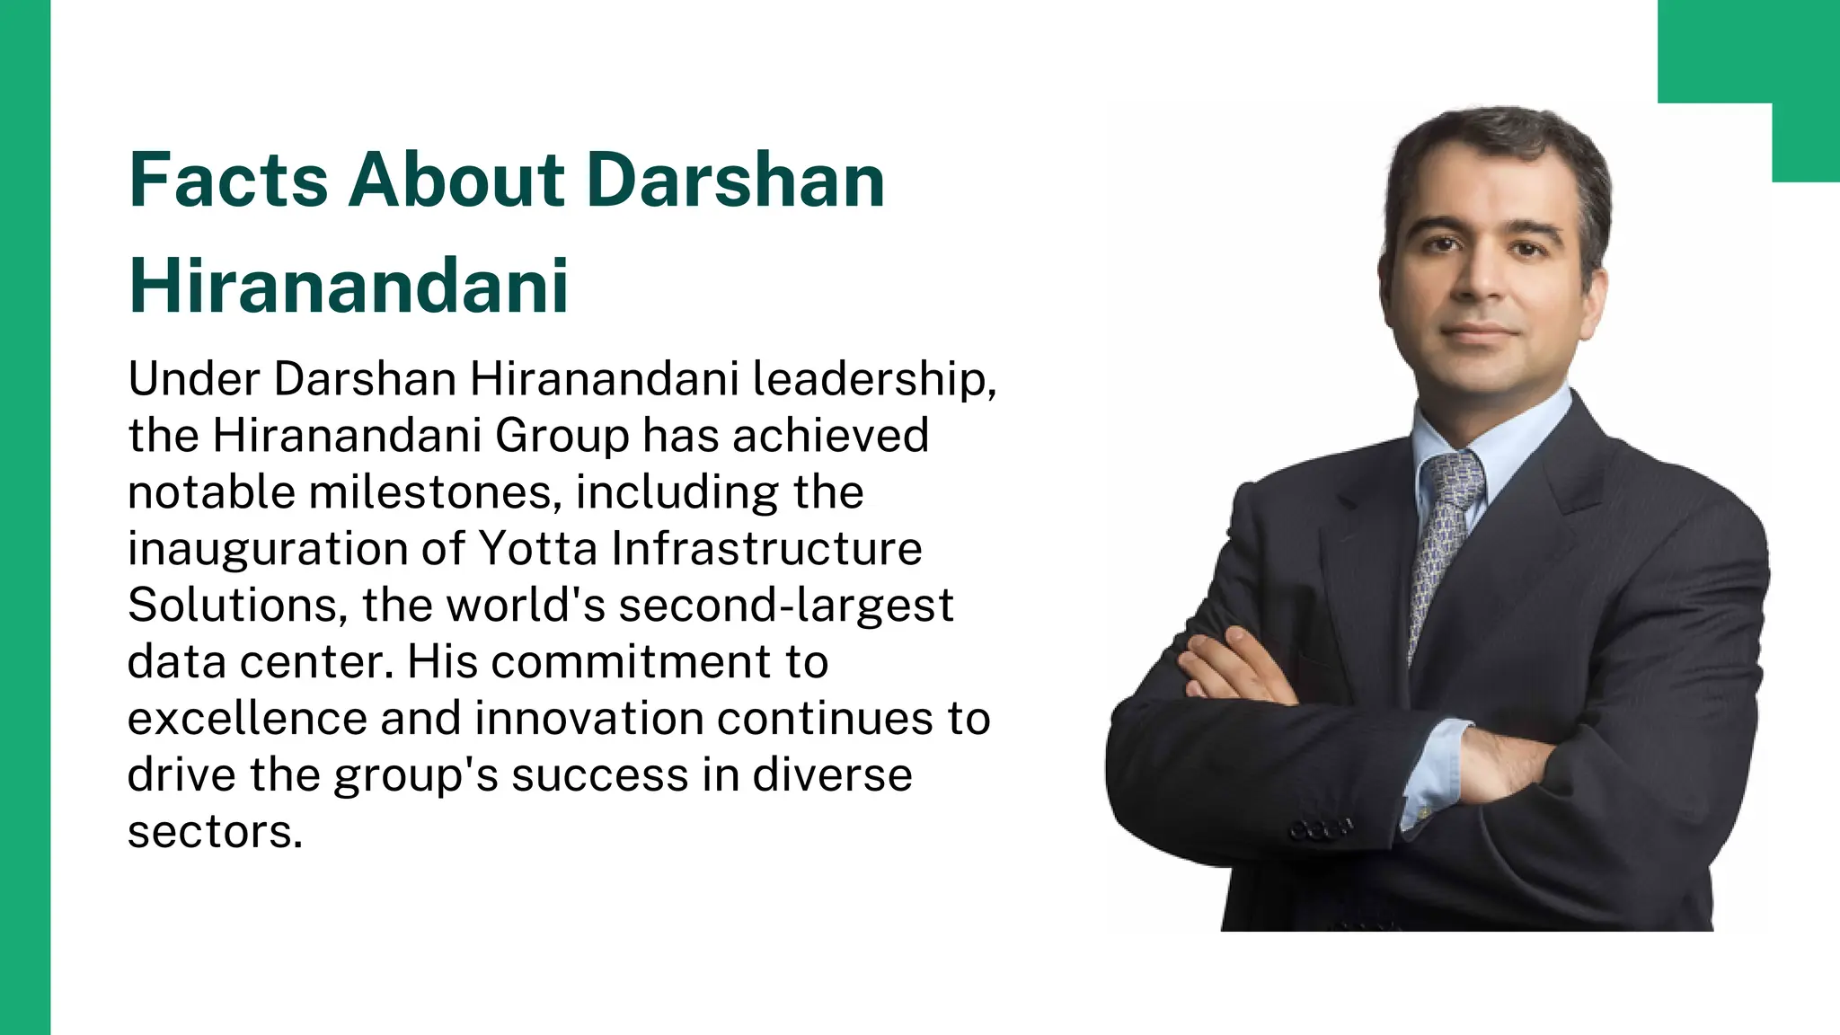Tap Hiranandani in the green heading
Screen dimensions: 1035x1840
click(349, 286)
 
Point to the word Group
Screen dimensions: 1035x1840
click(562, 437)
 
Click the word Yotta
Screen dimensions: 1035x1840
click(537, 548)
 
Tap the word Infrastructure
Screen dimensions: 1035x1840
click(766, 548)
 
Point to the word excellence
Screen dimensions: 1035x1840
click(247, 719)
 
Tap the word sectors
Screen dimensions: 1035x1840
click(215, 832)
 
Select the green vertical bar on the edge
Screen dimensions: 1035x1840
click(25, 517)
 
